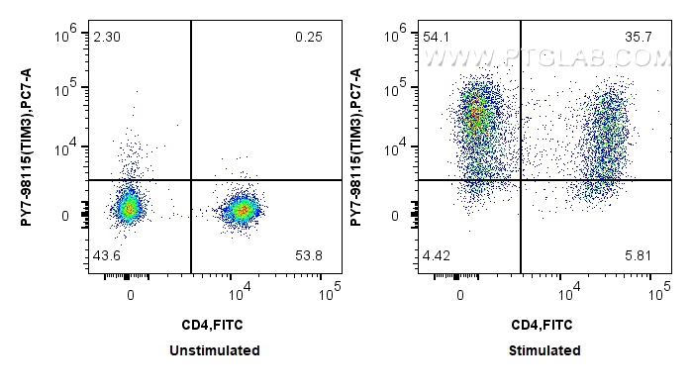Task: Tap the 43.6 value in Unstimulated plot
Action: (107, 255)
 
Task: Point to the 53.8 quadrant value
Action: (309, 255)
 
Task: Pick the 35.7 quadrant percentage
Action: (640, 37)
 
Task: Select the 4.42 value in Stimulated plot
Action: (438, 255)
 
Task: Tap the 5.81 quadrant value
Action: (640, 255)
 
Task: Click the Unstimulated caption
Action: (215, 350)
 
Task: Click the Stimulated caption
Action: (544, 350)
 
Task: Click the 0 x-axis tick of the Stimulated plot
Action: (459, 295)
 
